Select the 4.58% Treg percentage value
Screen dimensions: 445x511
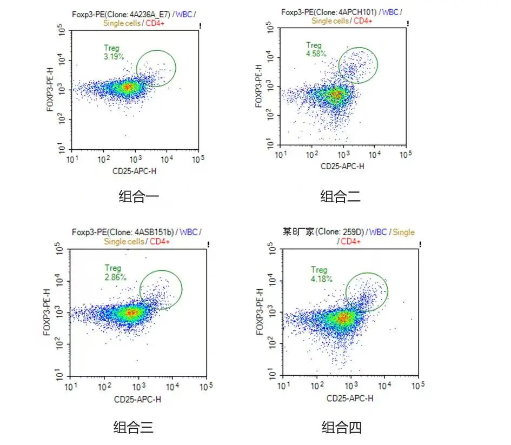coord(316,54)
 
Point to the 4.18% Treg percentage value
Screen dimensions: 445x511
coord(321,278)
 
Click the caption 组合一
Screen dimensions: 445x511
coord(138,197)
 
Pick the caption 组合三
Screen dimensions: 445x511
coord(133,428)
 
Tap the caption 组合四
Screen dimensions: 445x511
coord(342,428)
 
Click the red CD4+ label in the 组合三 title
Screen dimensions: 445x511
coord(160,241)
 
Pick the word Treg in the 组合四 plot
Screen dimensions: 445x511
coord(319,270)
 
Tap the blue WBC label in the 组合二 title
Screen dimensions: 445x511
coord(392,12)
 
